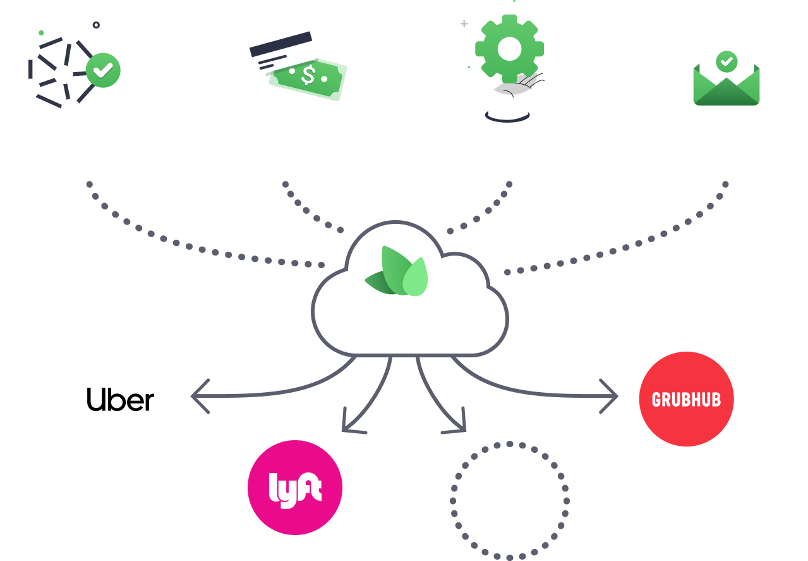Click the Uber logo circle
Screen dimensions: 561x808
tap(121, 399)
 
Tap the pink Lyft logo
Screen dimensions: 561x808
tap(295, 488)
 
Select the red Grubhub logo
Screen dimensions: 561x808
tap(686, 399)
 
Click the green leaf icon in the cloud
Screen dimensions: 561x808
tap(398, 274)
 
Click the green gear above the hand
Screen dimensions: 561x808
tap(509, 48)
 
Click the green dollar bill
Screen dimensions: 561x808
tap(308, 77)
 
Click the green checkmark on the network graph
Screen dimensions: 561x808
tap(103, 70)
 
